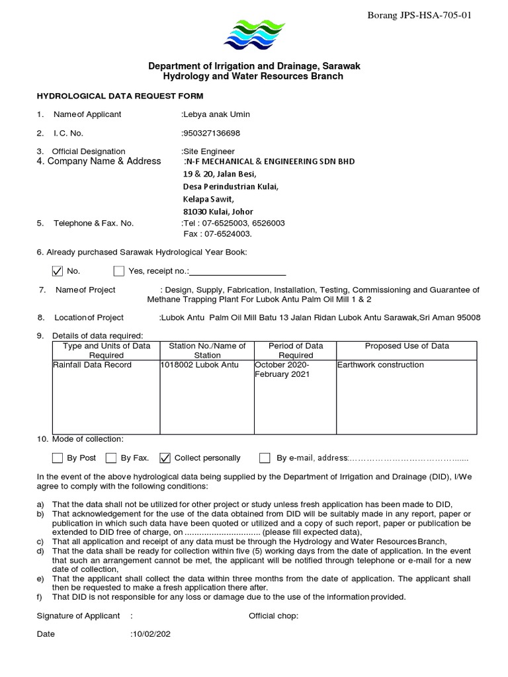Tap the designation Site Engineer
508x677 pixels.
click(x=209, y=151)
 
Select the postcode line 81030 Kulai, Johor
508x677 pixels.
click(x=218, y=212)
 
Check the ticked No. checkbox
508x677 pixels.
click(x=58, y=270)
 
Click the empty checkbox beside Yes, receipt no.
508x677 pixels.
click(x=119, y=270)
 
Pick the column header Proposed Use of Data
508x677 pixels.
click(x=407, y=346)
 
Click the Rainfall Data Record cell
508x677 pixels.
click(x=93, y=365)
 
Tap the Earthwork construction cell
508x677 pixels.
click(x=381, y=365)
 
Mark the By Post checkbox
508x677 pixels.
click(x=58, y=458)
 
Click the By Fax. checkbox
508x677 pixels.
click(x=111, y=458)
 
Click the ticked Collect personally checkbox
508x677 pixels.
click(x=165, y=458)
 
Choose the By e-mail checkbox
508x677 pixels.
click(x=265, y=458)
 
